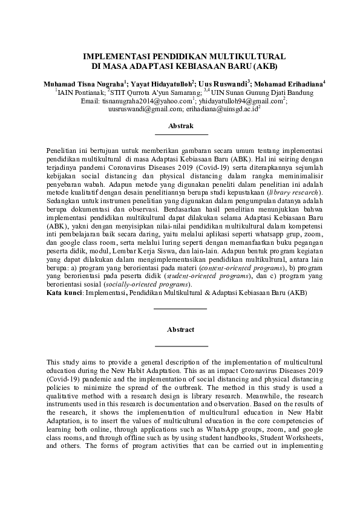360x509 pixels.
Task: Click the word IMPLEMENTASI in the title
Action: pos(113,55)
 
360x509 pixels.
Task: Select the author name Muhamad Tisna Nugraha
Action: pos(83,83)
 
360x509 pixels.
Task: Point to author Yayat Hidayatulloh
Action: pos(161,83)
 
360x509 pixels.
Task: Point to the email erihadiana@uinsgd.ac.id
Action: pos(222,109)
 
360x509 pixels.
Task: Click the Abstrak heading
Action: pos(180,126)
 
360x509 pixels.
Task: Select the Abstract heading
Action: pos(180,329)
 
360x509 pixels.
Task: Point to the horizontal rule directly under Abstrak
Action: pos(180,134)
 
